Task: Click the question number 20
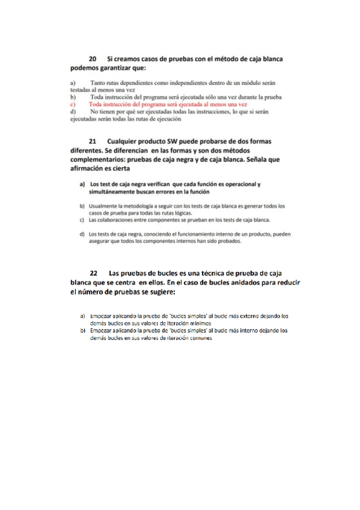coord(93,59)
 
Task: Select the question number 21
coord(93,141)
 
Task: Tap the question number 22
coord(93,274)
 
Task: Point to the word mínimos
coord(197,323)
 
